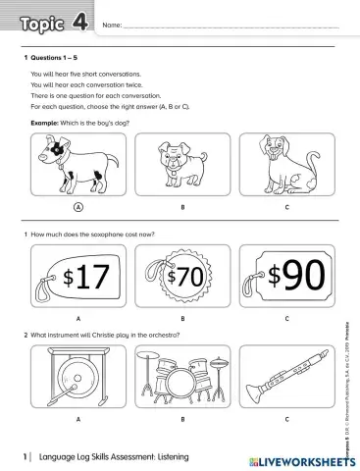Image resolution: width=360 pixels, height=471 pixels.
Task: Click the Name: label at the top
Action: pos(112,25)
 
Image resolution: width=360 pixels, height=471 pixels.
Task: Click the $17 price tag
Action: pos(77,278)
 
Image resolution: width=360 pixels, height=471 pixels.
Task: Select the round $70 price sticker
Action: pos(182,277)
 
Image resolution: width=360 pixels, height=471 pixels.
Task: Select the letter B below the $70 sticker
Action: pos(182,320)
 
